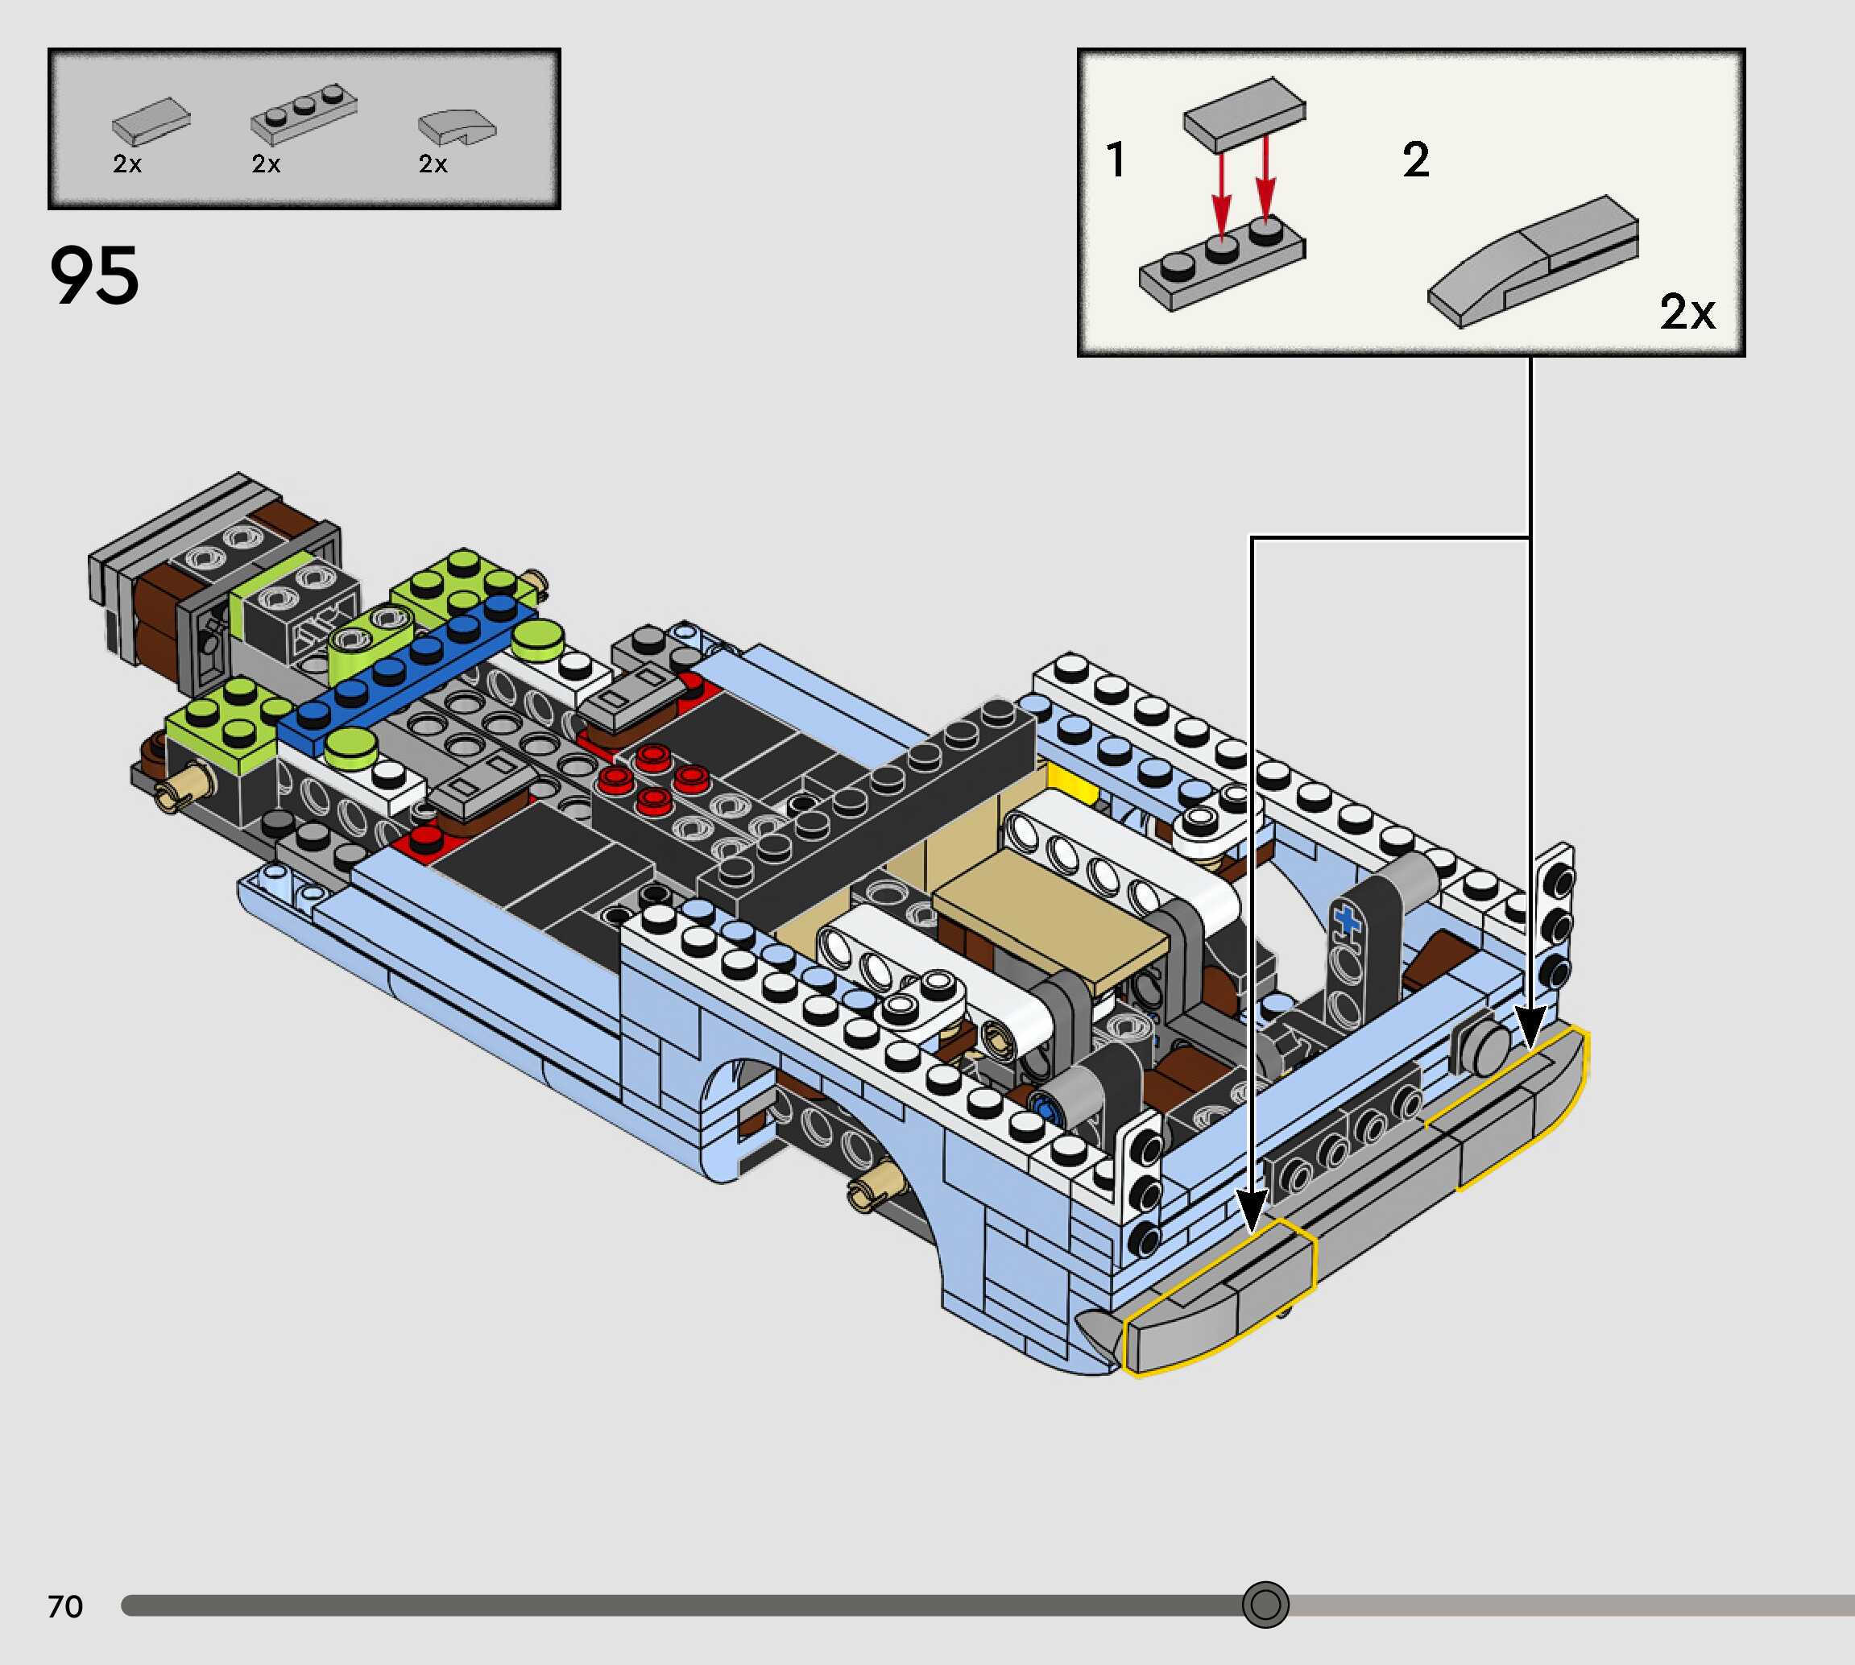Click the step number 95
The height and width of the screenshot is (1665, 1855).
pyautogui.click(x=94, y=275)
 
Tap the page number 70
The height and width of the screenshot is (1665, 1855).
pyautogui.click(x=65, y=1606)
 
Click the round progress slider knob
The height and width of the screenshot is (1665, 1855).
pyautogui.click(x=1265, y=1605)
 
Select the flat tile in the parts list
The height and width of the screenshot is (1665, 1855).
pyautogui.click(x=151, y=122)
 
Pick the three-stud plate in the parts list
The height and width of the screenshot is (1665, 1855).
pyautogui.click(x=304, y=114)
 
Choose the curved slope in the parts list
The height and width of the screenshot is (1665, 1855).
pyautogui.click(x=457, y=127)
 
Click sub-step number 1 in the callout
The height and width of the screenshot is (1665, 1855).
pyautogui.click(x=1115, y=159)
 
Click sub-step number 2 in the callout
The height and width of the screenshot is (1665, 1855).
pyautogui.click(x=1416, y=160)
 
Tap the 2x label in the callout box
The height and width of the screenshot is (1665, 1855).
pyautogui.click(x=1687, y=312)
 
